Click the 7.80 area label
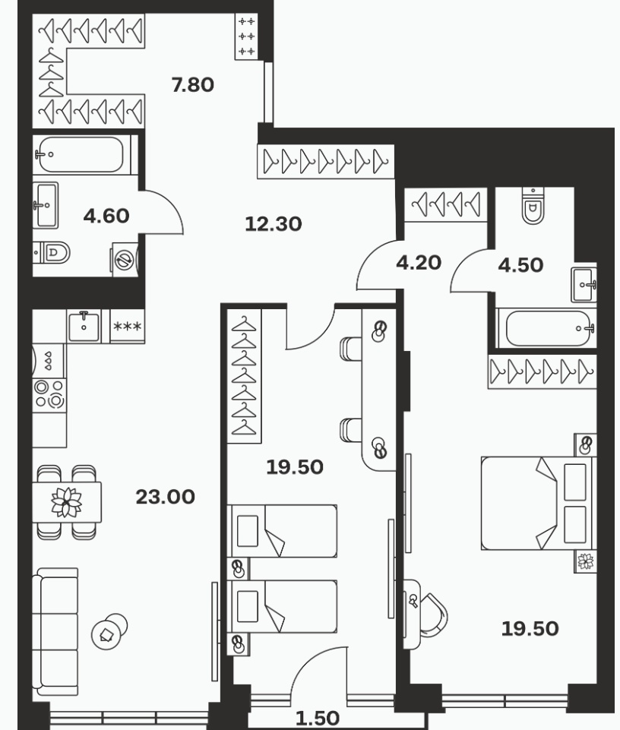(193, 85)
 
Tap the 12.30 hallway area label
(274, 224)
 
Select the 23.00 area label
(166, 498)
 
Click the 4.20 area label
(419, 263)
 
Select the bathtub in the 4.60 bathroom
(81, 154)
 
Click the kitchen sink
(84, 327)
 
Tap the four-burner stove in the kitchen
(49, 393)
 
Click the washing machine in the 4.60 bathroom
(125, 260)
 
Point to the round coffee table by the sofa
(109, 631)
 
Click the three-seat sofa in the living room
(55, 632)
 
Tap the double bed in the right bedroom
(539, 504)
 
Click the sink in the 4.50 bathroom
(584, 284)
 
